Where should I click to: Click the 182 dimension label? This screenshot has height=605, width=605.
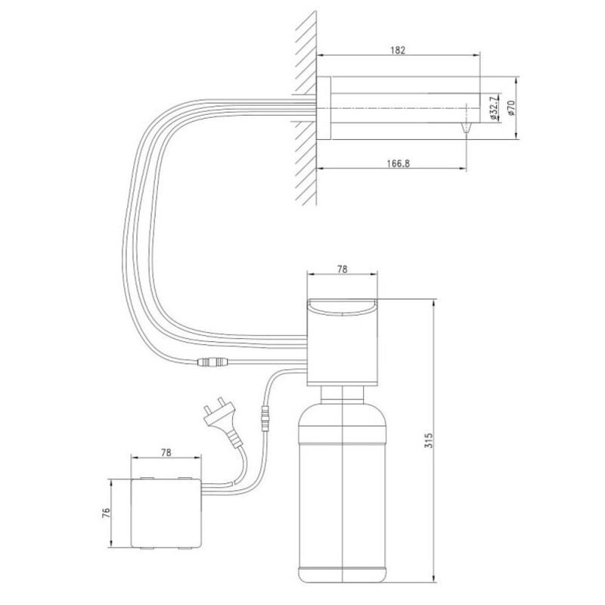click(398, 50)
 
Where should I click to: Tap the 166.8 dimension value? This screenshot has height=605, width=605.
click(399, 163)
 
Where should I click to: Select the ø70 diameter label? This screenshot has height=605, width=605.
click(511, 108)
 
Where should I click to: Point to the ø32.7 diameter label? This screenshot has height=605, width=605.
click(494, 108)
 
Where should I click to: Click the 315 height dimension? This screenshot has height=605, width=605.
click(429, 440)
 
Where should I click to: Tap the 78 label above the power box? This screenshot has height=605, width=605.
click(166, 452)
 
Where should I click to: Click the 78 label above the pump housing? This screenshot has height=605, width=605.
click(343, 269)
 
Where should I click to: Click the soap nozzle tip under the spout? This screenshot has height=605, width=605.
click(466, 128)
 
